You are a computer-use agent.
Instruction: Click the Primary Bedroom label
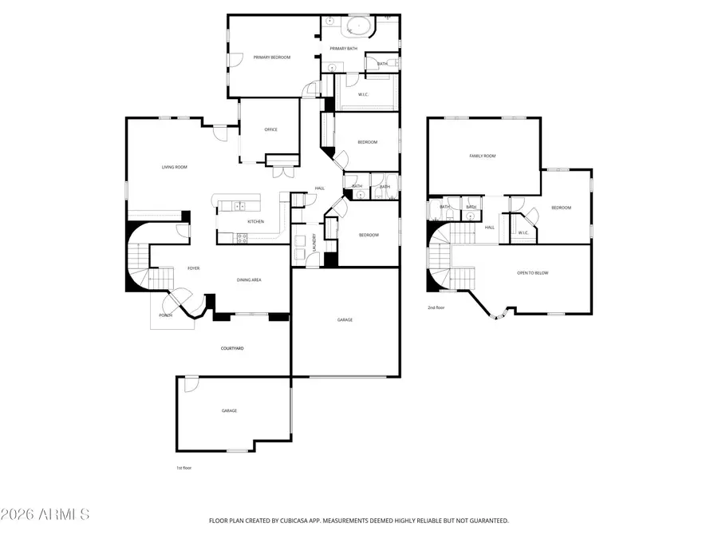(271, 57)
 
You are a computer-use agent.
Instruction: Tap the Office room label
(270, 129)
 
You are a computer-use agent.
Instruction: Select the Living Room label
(174, 167)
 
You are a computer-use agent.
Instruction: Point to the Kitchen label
(255, 222)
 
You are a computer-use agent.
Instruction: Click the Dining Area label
(249, 280)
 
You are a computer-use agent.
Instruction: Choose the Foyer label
(193, 268)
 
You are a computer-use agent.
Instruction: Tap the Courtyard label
(232, 349)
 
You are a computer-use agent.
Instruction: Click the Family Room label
(482, 157)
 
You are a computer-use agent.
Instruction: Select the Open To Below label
(532, 273)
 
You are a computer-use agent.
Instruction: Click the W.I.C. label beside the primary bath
(363, 95)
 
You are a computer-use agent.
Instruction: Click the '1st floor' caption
(183, 468)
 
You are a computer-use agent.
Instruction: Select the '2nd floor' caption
(436, 307)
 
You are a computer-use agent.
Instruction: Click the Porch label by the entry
(165, 315)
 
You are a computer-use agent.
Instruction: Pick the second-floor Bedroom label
(561, 208)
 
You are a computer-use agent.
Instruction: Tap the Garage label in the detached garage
(229, 411)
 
